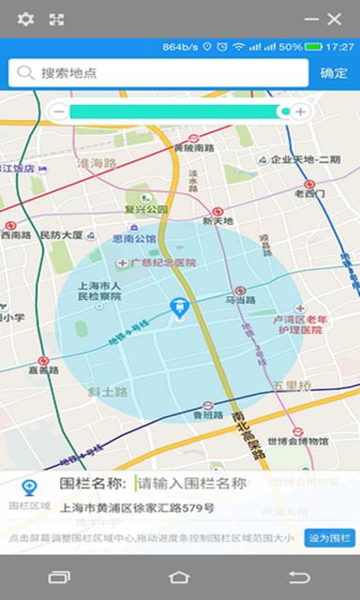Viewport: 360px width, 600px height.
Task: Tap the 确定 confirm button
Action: [x=334, y=73]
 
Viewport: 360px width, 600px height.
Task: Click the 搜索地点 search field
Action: [x=159, y=73]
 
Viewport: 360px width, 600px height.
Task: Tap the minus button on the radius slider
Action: [x=58, y=112]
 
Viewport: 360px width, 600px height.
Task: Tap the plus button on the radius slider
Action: [x=300, y=112]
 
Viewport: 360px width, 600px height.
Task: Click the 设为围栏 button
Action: [x=330, y=538]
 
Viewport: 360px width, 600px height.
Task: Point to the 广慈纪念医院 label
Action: [x=163, y=263]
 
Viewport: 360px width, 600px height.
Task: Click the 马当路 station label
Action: [x=241, y=300]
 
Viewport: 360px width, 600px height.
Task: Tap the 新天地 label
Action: [x=217, y=221]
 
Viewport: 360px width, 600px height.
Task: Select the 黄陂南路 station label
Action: [x=194, y=147]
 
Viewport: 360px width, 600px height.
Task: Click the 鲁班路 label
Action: [x=208, y=414]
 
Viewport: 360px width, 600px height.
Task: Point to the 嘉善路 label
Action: [x=43, y=369]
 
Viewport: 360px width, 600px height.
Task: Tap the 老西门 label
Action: [x=309, y=194]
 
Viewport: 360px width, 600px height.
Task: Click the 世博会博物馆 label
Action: [x=298, y=441]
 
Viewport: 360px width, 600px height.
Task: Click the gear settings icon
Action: [x=25, y=19]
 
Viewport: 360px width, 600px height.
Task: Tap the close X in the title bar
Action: [x=335, y=19]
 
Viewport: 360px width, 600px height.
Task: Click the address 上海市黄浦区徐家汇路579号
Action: [x=137, y=509]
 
